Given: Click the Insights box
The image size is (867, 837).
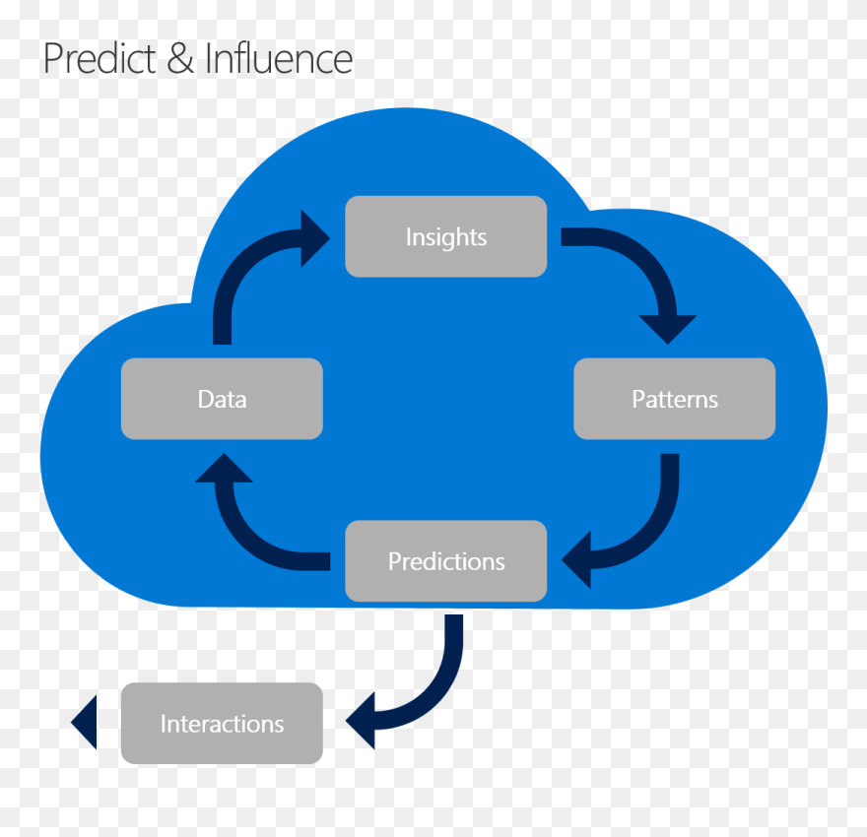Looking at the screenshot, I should [445, 236].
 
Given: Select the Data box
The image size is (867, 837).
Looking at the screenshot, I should [222, 399].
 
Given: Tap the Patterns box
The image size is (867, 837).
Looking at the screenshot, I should [675, 399].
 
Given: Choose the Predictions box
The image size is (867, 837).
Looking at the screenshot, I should [445, 561].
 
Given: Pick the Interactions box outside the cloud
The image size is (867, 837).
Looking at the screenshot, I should [222, 724].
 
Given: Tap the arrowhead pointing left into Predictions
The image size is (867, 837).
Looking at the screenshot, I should [576, 561].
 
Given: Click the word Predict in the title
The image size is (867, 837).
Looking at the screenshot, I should [98, 59].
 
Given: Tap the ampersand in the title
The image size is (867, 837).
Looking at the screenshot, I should [180, 59].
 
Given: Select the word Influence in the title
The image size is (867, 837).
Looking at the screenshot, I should [279, 59].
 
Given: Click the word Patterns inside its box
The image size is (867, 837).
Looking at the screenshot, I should [675, 399].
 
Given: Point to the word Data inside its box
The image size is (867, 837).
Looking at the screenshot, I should [222, 399].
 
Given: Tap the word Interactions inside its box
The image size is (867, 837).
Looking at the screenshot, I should [222, 724].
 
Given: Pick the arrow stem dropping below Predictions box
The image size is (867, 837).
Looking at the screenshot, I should [453, 645].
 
